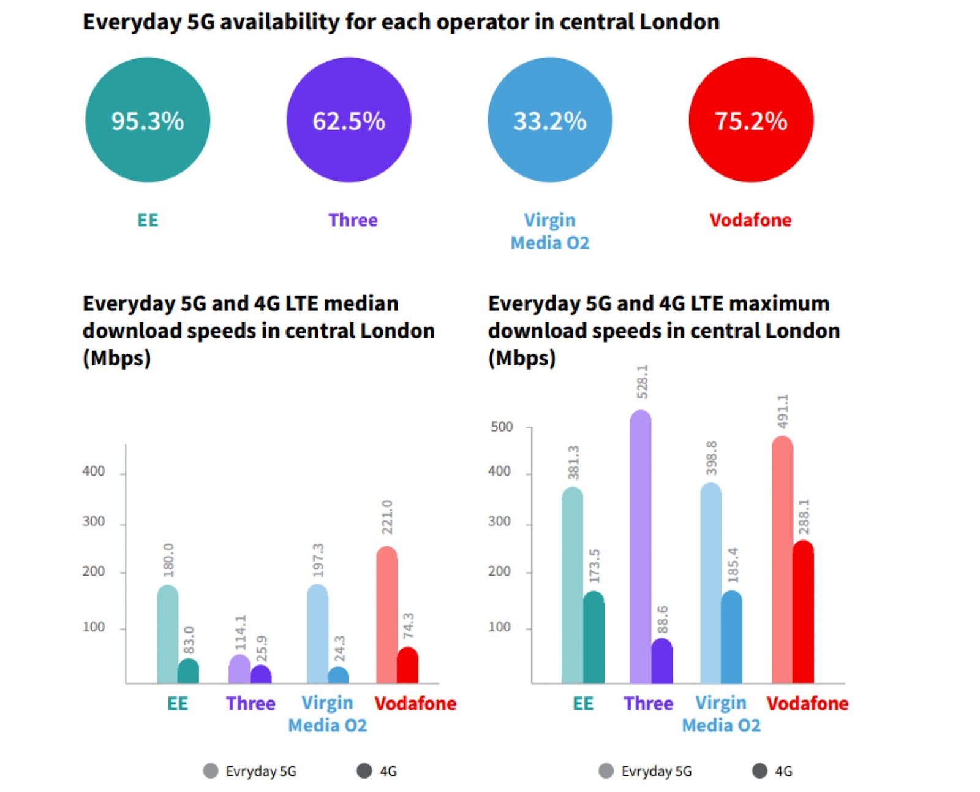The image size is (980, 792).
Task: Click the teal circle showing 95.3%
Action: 148,120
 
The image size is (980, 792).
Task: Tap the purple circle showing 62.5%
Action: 349,120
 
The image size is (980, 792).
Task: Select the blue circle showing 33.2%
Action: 549,120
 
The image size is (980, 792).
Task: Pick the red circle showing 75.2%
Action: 751,120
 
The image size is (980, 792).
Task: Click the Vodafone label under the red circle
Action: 750,220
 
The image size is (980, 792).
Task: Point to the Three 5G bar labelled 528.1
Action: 640,546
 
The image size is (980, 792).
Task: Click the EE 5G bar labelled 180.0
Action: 168,634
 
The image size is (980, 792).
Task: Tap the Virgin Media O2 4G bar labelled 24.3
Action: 338,676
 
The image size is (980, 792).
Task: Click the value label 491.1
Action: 782,412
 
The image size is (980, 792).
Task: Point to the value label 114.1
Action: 240,632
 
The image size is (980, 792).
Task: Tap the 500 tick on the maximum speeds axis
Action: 502,427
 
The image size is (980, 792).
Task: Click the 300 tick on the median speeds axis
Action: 94,522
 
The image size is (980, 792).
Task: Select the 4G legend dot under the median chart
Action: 364,771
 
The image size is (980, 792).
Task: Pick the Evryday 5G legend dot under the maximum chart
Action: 606,771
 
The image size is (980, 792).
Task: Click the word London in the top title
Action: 679,22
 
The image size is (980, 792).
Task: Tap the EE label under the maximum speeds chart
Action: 583,703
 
